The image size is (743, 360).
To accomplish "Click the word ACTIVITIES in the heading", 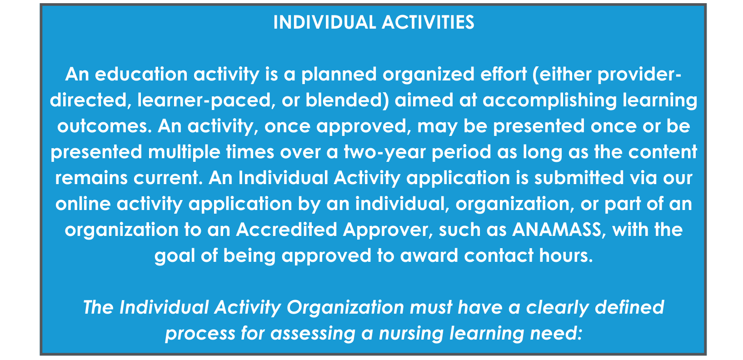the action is [428, 23].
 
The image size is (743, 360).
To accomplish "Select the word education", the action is [141, 74].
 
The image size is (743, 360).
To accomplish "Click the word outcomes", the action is [105, 126].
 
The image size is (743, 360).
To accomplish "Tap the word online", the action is [83, 203].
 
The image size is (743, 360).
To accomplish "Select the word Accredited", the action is [287, 229].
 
